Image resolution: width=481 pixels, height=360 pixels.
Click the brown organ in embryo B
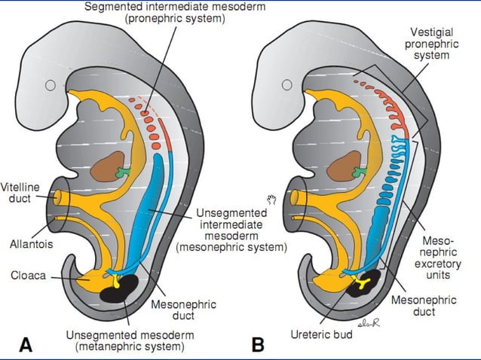point(341,166)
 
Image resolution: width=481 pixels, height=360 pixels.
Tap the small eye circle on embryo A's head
point(51,85)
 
